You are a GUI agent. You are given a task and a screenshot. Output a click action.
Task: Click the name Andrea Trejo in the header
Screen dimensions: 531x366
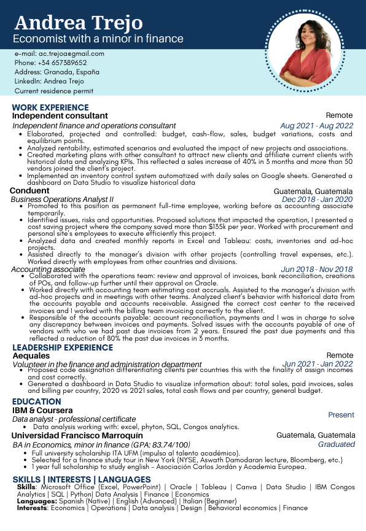(x=78, y=23)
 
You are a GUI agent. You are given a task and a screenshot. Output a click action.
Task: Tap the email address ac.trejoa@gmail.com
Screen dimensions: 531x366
(x=60, y=53)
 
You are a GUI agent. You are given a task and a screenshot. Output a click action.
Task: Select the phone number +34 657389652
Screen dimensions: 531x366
(x=50, y=63)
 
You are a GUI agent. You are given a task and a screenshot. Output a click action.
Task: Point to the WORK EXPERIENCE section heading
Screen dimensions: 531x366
(x=50, y=107)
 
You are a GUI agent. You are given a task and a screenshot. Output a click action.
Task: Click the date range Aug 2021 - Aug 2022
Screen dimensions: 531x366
(x=317, y=126)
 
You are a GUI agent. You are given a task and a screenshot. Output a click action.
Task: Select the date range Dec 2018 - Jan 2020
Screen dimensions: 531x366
(x=317, y=200)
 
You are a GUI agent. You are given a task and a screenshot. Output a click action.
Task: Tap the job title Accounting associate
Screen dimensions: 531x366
(x=49, y=269)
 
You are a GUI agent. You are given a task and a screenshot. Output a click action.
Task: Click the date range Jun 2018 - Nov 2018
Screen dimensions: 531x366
(x=317, y=269)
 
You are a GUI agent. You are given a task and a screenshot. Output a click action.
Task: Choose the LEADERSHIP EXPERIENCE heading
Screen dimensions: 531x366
(x=63, y=347)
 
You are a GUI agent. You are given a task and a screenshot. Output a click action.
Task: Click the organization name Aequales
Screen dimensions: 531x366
(x=31, y=355)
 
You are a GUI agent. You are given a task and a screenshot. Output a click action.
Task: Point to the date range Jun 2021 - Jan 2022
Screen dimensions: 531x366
(x=317, y=364)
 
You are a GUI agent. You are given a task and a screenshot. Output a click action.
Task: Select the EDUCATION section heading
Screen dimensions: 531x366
(x=36, y=401)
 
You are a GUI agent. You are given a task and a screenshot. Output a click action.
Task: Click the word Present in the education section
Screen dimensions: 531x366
(x=341, y=415)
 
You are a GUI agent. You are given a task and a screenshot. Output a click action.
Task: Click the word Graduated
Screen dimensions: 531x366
(x=336, y=444)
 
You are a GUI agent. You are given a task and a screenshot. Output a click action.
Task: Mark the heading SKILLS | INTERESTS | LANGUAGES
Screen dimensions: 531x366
(x=81, y=479)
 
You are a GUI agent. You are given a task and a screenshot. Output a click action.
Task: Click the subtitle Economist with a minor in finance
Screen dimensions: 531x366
(x=98, y=39)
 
